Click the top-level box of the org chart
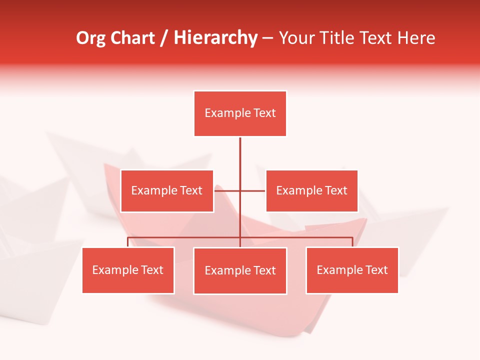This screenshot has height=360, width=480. pos(240,113)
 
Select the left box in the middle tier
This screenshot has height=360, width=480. pos(167,191)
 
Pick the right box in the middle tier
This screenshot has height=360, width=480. pos(311,191)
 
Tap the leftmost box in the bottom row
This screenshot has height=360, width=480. pos(128,270)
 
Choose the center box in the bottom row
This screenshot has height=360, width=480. pos(240,271)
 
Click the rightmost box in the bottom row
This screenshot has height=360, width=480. pos(352,270)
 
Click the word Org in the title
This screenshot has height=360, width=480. pos(91,38)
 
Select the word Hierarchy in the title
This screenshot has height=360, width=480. pos(215,38)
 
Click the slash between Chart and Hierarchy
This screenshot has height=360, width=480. pos(164,38)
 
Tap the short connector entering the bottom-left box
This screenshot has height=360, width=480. pos(128,242)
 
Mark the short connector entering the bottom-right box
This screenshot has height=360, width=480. pos(352,242)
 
